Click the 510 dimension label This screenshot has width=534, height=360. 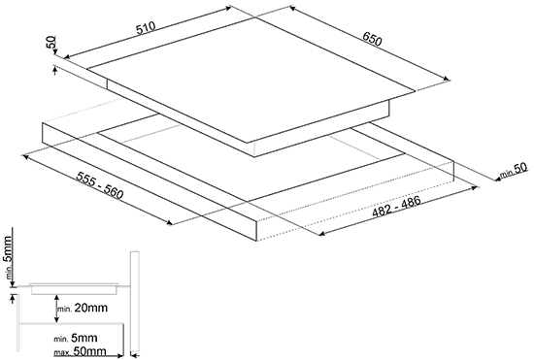click(146, 28)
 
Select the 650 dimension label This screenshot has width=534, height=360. click(372, 39)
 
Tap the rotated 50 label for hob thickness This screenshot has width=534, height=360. click(51, 43)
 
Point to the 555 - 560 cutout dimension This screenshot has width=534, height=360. click(99, 185)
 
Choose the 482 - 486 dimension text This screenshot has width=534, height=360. click(397, 207)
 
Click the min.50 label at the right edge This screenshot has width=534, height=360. click(514, 171)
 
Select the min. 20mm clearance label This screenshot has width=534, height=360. click(83, 308)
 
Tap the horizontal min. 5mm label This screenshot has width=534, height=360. click(76, 339)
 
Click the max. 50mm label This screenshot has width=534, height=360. click(80, 351)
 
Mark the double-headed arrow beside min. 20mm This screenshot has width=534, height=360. click(57, 309)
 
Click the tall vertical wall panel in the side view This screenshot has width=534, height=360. click(135, 302)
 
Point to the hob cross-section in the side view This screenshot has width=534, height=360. click(74, 288)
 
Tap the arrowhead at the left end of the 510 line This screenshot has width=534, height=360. click(67, 56)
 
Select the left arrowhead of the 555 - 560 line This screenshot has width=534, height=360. click(26, 156)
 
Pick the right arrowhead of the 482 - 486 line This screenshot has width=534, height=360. click(475, 187)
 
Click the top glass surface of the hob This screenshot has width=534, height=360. click(251, 81)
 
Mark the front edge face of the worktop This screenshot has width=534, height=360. click(149, 181)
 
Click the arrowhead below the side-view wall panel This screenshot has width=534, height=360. click(134, 356)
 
